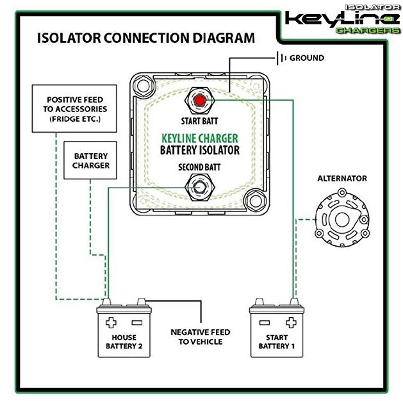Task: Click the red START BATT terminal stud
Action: (201, 101)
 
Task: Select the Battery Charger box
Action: (91, 160)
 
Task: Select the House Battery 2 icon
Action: (124, 331)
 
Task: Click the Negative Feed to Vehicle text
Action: (200, 337)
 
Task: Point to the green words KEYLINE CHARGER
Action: (200, 137)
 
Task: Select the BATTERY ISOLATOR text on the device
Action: (200, 150)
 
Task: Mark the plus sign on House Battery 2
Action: (113, 321)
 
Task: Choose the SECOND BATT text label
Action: (200, 168)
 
